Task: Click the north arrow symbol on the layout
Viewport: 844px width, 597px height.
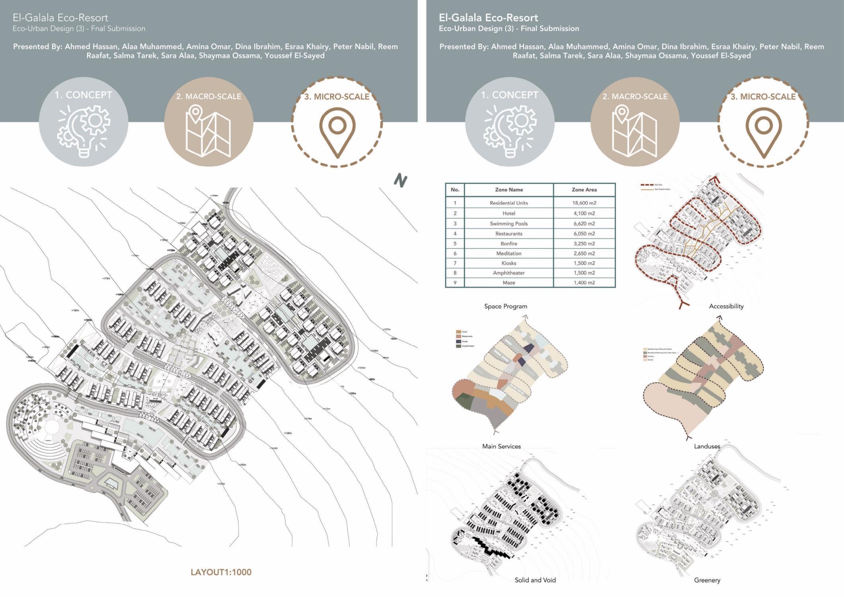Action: coord(400,181)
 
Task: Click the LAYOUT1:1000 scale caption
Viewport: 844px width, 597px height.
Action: coord(221,572)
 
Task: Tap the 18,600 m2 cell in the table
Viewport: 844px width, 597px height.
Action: coord(584,203)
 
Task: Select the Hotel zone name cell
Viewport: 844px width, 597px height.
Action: coord(509,213)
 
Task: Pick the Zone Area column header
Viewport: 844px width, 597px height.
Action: coord(584,190)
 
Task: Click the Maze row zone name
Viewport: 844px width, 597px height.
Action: coord(509,282)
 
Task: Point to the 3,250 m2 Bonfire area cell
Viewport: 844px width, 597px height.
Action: coord(584,243)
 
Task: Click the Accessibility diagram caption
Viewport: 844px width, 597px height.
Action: coord(726,306)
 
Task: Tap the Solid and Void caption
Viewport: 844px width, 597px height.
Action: coord(535,580)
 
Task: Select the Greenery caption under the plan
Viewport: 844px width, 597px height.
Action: coord(707,580)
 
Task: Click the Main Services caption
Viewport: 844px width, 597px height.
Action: coord(501,446)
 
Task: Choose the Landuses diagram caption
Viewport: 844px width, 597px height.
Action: coord(707,446)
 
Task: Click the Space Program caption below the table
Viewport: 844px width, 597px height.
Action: coord(505,306)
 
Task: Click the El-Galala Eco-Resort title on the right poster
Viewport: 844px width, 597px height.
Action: coord(488,18)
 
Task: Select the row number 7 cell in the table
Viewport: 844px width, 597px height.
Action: coord(455,263)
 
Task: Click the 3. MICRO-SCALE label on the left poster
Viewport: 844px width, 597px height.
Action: coord(337,96)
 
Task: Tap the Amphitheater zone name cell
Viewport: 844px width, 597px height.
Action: coord(509,273)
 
